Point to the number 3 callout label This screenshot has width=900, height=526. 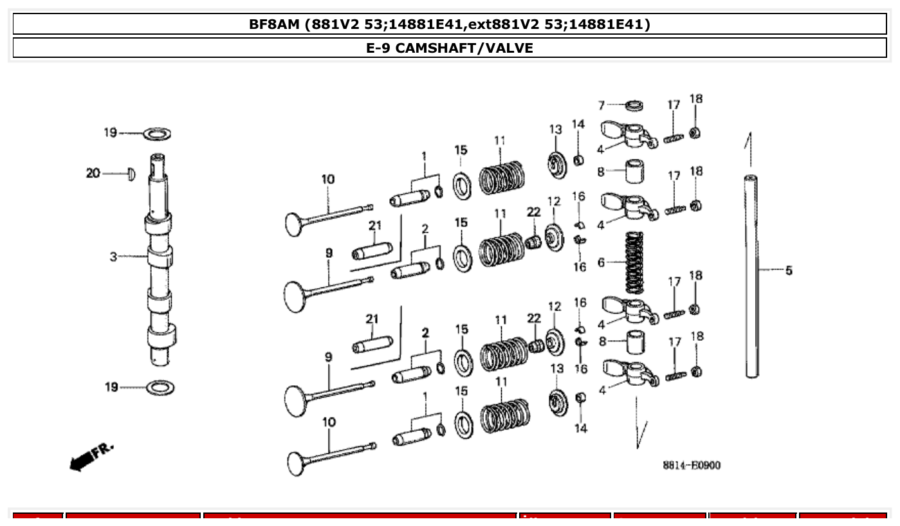pos(113,257)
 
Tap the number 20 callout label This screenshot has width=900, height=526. pos(93,173)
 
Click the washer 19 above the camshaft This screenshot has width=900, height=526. pos(156,134)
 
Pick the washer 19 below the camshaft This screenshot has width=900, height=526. pos(160,388)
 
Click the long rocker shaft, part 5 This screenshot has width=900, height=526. pos(751,277)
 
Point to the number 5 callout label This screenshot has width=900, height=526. pos(789,271)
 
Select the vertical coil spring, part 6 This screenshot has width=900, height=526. pos(634,262)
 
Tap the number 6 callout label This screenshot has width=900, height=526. pos(601,262)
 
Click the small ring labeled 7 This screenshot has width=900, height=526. pos(635,105)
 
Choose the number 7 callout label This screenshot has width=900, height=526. pos(602,105)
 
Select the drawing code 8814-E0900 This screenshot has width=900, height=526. pos(692,465)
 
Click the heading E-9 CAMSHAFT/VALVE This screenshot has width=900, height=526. pos(450,48)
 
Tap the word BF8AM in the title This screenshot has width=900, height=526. pos(275,24)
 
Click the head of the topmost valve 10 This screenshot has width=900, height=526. pos(295,223)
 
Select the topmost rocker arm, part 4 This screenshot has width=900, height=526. pos(628,134)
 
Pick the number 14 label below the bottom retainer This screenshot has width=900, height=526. pos(580,428)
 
